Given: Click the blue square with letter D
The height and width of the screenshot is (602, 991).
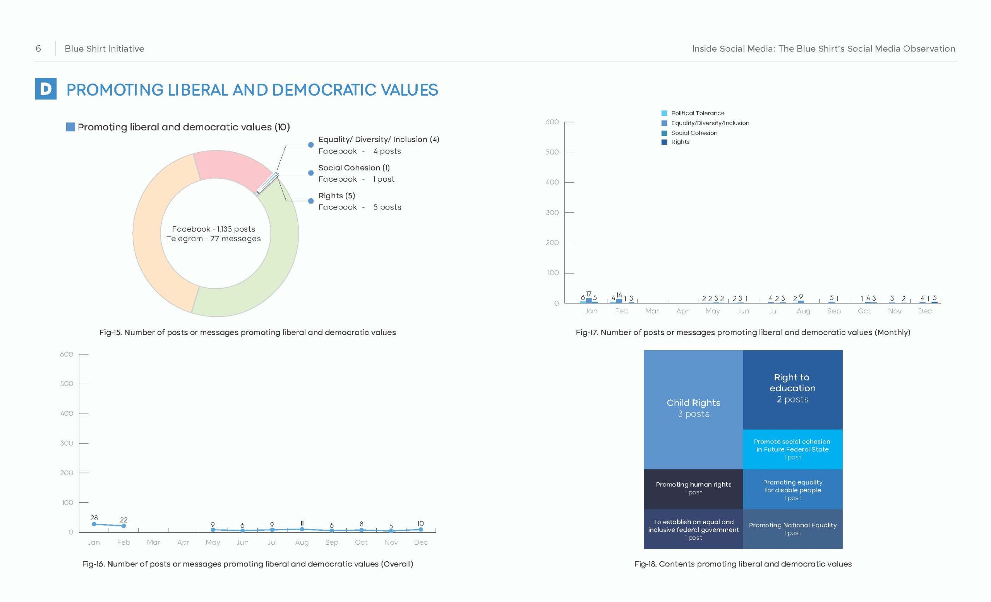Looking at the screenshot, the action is [45, 89].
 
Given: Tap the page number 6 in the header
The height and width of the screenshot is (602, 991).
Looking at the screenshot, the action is [38, 49].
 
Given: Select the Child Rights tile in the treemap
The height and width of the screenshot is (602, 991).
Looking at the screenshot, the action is [693, 409].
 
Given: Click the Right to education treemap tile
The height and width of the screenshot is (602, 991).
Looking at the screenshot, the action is [792, 390].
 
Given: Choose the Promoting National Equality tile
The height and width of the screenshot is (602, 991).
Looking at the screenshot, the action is [792, 529].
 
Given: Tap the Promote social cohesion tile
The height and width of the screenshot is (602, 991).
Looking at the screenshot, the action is [792, 449].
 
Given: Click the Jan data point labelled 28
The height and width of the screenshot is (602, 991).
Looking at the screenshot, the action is [94, 524].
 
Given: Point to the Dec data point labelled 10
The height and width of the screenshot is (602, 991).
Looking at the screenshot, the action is [421, 529].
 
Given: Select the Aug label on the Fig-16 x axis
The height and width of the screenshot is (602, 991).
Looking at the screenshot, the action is [302, 542].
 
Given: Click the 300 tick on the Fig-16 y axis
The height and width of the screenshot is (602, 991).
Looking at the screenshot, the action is [67, 443].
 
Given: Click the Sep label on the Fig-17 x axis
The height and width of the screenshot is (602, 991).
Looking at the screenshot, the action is [834, 311].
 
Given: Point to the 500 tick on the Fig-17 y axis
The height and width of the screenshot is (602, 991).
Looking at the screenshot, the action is [552, 152].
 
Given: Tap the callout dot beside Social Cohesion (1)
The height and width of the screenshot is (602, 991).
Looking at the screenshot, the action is [310, 173].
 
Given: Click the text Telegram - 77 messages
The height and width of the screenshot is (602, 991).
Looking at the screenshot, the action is [214, 239].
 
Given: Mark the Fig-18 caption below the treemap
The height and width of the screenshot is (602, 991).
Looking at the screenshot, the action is [743, 564].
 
